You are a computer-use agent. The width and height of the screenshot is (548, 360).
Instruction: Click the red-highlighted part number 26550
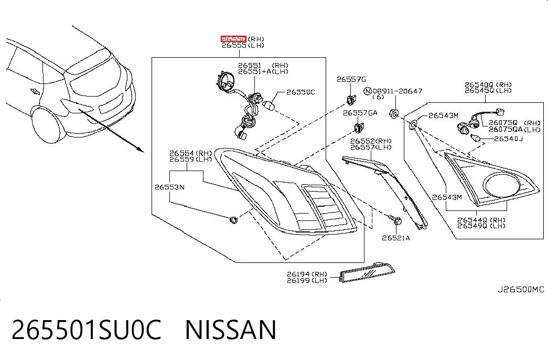pyautogui.click(x=233, y=38)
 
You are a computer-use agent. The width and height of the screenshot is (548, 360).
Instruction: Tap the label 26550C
pyautogui.click(x=300, y=92)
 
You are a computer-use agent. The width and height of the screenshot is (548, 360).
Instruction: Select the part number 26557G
pyautogui.click(x=351, y=79)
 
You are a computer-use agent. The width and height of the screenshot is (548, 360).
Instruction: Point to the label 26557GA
pyautogui.click(x=360, y=113)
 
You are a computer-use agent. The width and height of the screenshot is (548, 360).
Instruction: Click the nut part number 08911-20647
pyautogui.click(x=397, y=91)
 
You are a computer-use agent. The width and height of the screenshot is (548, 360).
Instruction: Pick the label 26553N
pyautogui.click(x=169, y=187)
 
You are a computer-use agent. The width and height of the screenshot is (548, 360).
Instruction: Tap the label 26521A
pyautogui.click(x=395, y=238)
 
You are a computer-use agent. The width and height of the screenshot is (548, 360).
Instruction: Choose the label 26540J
pyautogui.click(x=508, y=139)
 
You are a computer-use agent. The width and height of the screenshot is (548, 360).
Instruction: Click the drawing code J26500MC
pyautogui.click(x=521, y=290)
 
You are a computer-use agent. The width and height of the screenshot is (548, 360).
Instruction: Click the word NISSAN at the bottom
pyautogui.click(x=231, y=330)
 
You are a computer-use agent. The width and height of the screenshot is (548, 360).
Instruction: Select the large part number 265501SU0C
pyautogui.click(x=87, y=330)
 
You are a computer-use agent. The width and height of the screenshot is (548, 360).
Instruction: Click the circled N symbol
pyautogui.click(x=367, y=91)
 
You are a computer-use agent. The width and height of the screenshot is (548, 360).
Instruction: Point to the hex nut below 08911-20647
pyautogui.click(x=394, y=114)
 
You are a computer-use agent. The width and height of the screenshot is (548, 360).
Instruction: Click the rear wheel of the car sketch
pyautogui.click(x=48, y=124)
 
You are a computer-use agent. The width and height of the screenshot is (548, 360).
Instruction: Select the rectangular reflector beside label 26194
pyautogui.click(x=367, y=272)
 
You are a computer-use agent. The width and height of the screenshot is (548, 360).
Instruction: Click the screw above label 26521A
pyautogui.click(x=395, y=220)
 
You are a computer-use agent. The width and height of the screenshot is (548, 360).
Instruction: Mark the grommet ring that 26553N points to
pyautogui.click(x=233, y=220)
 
